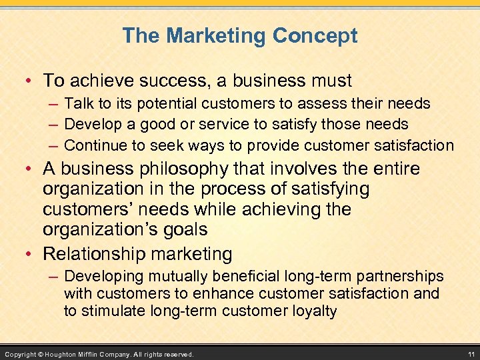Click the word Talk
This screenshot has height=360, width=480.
79,103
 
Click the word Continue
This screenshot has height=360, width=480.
96,145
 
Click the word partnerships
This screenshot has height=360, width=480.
402,276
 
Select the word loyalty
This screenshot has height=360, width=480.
315,311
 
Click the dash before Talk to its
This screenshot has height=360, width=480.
53,103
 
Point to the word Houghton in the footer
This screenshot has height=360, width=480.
71,353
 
